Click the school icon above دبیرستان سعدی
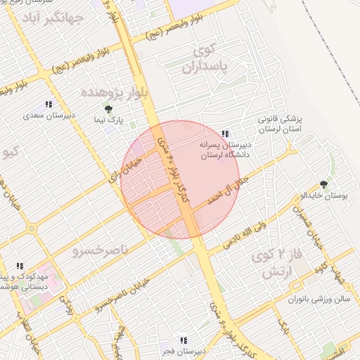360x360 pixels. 49,104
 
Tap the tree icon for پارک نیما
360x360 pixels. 108,108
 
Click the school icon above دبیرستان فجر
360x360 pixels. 184,341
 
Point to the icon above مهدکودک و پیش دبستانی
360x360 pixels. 20,266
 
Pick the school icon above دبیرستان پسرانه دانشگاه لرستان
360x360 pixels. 225,133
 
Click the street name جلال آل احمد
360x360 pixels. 226,188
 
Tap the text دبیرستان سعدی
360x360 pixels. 49,115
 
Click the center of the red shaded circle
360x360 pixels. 180,179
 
